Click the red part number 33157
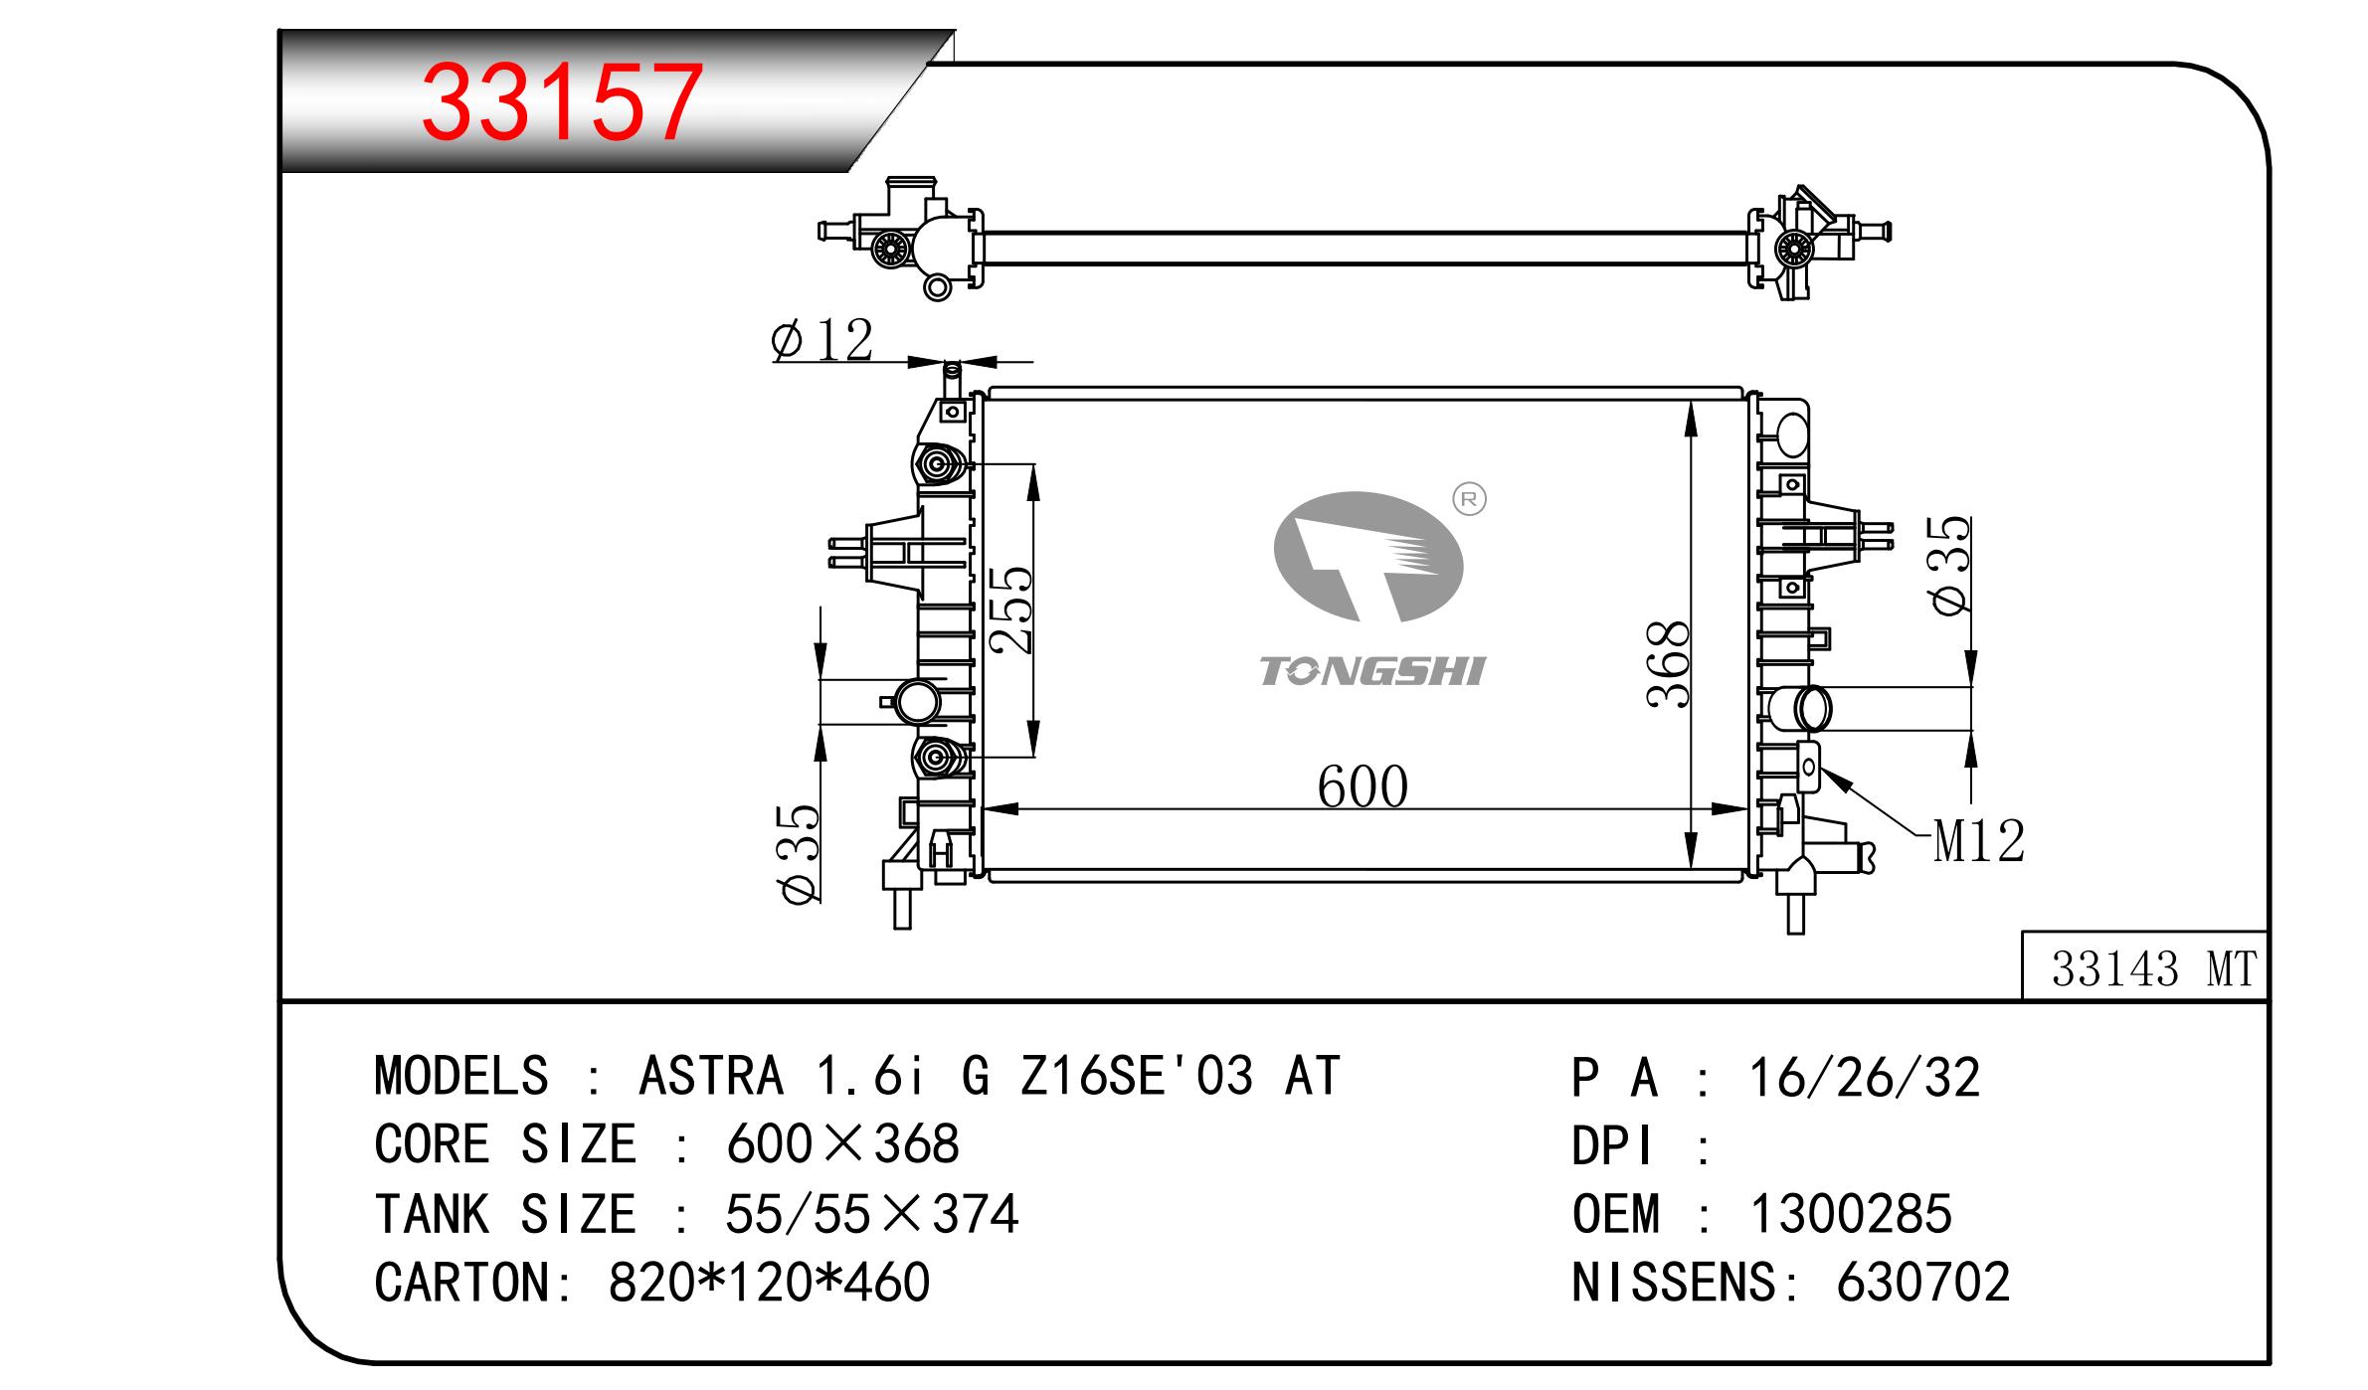click(563, 102)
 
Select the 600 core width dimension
click(1363, 787)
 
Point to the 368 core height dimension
click(1668, 663)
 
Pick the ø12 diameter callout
click(821, 340)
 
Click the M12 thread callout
click(1979, 842)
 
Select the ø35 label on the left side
click(801, 853)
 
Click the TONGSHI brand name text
click(1371, 671)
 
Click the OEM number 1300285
click(1851, 1213)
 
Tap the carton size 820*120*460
click(769, 1282)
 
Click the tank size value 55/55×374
click(872, 1213)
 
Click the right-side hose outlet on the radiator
click(1799, 708)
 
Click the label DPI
click(1612, 1146)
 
